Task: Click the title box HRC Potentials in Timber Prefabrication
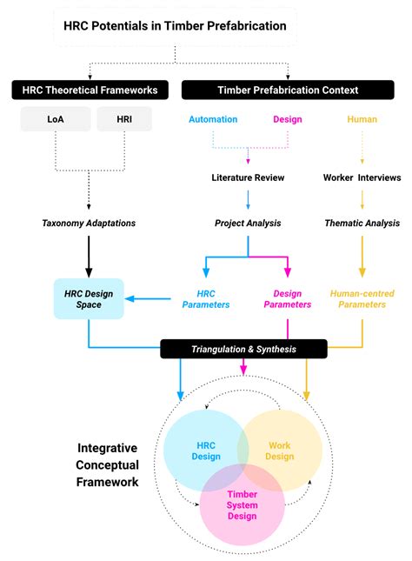click(x=175, y=26)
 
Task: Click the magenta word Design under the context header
click(x=287, y=119)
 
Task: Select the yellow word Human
click(x=362, y=119)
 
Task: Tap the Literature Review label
click(x=248, y=177)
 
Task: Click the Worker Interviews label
click(x=362, y=177)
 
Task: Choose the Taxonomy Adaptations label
click(x=89, y=223)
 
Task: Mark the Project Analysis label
click(x=248, y=223)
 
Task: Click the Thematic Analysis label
click(x=362, y=223)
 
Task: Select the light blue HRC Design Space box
click(x=89, y=299)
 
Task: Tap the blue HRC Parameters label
click(x=206, y=299)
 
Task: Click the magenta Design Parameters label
click(x=287, y=299)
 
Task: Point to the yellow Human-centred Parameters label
click(x=362, y=299)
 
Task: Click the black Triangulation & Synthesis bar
click(x=243, y=349)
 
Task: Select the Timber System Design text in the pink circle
click(x=243, y=505)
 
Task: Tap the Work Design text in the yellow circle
click(x=281, y=451)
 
